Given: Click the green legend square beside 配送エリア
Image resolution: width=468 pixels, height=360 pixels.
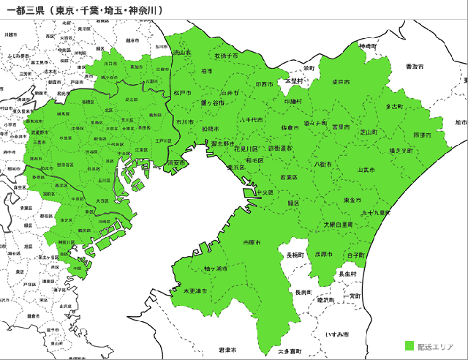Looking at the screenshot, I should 409,345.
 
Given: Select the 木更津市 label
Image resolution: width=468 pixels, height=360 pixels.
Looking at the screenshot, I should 195,290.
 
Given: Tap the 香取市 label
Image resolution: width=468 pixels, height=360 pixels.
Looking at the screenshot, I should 415,67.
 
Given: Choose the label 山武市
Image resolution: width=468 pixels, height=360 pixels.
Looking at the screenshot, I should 366,170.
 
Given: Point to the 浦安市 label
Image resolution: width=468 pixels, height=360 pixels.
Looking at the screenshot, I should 175,163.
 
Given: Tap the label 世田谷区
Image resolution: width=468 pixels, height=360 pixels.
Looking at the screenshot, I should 64,165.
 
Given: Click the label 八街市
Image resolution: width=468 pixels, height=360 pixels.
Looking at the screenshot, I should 322,165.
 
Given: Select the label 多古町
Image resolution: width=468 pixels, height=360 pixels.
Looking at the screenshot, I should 394,107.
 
